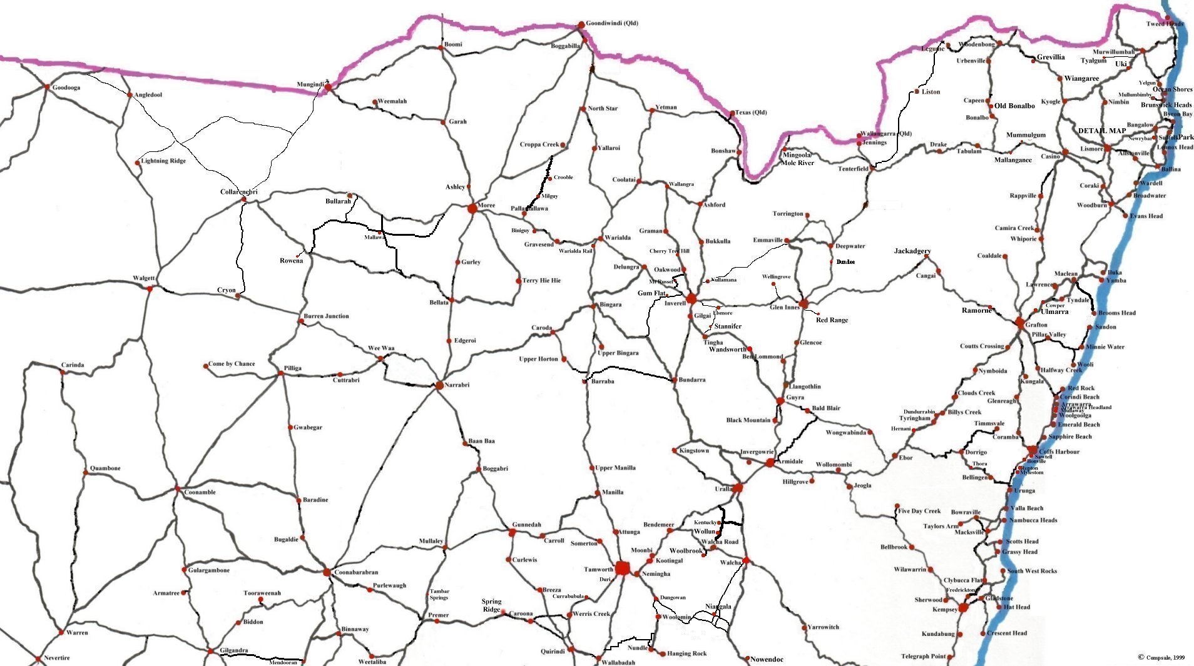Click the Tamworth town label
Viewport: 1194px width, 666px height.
[598, 570]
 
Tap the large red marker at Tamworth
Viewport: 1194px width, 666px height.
[623, 568]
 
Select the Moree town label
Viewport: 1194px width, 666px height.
[486, 206]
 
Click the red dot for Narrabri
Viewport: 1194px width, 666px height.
[439, 385]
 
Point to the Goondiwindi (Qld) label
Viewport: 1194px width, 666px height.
[612, 23]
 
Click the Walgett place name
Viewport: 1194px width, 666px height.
[143, 278]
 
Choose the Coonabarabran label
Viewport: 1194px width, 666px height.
[356, 572]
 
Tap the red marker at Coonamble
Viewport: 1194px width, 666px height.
[177, 488]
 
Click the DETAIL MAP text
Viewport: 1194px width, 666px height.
[1101, 131]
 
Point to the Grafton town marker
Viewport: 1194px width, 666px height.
[1020, 324]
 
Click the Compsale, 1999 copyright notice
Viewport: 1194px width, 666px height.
[1161, 657]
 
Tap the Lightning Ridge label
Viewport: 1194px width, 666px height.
[163, 161]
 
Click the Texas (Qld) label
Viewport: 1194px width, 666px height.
[750, 113]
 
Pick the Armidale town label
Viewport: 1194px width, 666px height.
[790, 462]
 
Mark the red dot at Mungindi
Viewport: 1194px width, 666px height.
[327, 88]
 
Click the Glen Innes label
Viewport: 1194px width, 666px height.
[784, 307]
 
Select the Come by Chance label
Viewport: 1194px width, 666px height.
[232, 364]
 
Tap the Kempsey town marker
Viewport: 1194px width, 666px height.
[964, 608]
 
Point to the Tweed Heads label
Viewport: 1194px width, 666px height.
[1165, 24]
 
